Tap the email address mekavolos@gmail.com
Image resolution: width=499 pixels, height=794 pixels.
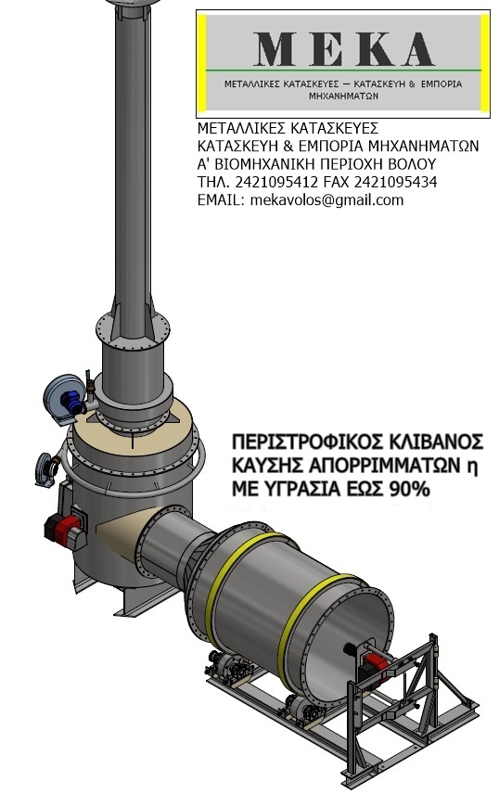point(326,200)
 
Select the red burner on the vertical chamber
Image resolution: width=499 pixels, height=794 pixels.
point(63,529)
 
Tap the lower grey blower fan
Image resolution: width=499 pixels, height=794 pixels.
point(46,469)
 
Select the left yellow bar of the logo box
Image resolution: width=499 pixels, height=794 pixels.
point(201,62)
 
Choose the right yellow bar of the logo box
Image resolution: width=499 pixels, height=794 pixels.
point(485,62)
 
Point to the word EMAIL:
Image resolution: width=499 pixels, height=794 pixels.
point(222,200)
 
